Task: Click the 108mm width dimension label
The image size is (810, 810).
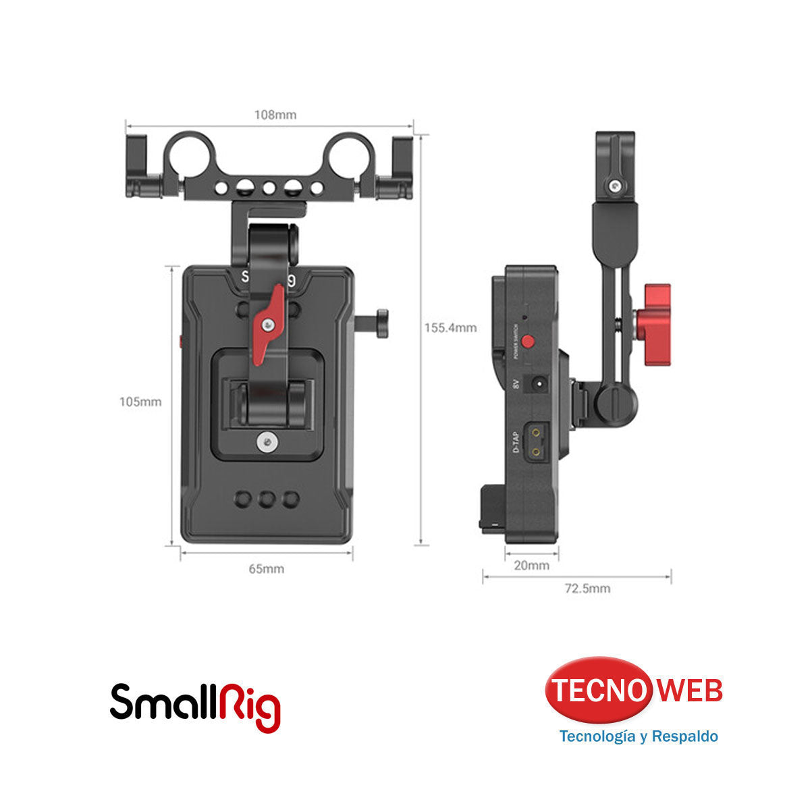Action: (x=275, y=115)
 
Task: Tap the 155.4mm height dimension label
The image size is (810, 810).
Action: (x=450, y=328)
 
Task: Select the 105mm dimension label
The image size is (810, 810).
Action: (x=140, y=402)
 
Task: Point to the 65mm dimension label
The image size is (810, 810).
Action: (x=267, y=569)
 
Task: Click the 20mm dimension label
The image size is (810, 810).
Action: (x=532, y=566)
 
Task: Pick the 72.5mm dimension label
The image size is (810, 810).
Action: (x=587, y=589)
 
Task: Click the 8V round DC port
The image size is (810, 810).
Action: (x=540, y=384)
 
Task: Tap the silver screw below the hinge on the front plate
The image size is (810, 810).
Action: (x=267, y=443)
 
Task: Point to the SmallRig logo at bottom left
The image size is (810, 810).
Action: (x=195, y=707)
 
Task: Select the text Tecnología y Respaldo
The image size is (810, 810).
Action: (x=638, y=736)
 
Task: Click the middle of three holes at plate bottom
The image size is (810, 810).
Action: (x=267, y=500)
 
